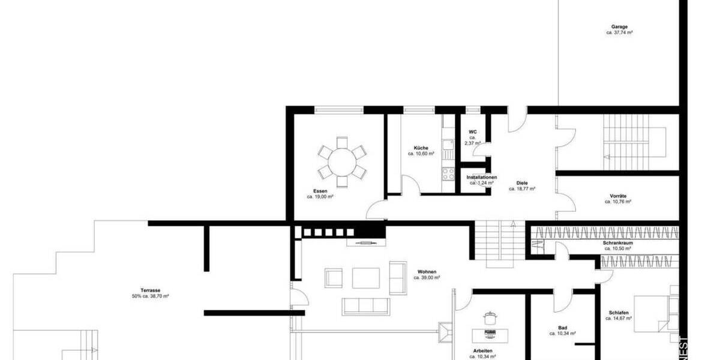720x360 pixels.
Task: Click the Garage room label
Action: point(619,27)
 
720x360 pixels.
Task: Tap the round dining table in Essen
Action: point(341,161)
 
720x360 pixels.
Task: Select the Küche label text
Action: point(421,148)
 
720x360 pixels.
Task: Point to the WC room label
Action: point(473,131)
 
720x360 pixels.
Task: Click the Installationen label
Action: point(482,178)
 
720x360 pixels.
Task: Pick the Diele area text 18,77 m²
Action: point(522,188)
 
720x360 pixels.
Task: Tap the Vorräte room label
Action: point(618,196)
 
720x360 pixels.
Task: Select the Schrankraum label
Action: point(618,243)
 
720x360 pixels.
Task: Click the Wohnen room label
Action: point(427,272)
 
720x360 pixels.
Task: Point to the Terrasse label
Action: point(150,290)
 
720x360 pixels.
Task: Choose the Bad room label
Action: point(562,328)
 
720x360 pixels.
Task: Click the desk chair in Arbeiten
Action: point(490,317)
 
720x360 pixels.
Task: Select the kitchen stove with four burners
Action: point(448,173)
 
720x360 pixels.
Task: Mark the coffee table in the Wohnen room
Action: point(366,278)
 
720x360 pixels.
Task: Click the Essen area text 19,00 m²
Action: point(320,197)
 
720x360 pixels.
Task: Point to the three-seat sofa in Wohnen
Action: point(365,306)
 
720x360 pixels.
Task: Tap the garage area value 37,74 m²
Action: point(619,33)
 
